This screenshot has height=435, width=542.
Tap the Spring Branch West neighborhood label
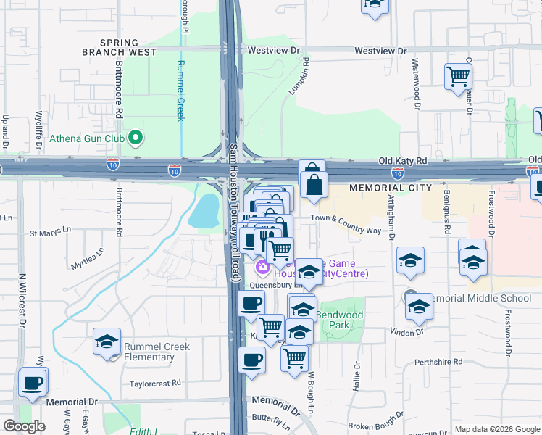click(x=129, y=48)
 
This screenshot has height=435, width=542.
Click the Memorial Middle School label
click(x=480, y=298)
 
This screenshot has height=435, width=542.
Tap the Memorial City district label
click(x=391, y=188)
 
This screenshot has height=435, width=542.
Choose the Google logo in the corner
click(x=24, y=426)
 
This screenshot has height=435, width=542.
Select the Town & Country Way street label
click(x=346, y=230)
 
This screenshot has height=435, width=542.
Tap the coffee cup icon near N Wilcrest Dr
click(x=32, y=384)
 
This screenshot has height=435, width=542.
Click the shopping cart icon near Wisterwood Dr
click(x=459, y=76)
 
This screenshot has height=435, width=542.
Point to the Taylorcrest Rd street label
click(x=155, y=383)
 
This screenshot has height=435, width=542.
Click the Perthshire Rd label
click(x=438, y=361)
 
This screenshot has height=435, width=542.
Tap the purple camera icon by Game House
click(x=262, y=268)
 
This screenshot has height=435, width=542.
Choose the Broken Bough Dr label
click(x=375, y=425)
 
